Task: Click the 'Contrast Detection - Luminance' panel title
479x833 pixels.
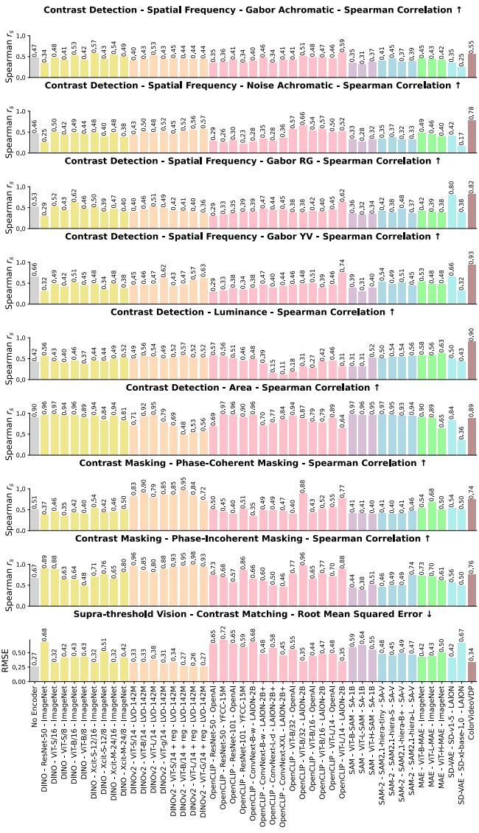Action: coord(253,312)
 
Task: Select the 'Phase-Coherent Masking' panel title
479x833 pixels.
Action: coord(253,462)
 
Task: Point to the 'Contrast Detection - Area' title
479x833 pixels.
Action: coord(253,387)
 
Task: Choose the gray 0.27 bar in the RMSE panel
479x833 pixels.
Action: coord(35,675)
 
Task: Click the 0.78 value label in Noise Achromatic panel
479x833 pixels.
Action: coord(472,112)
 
